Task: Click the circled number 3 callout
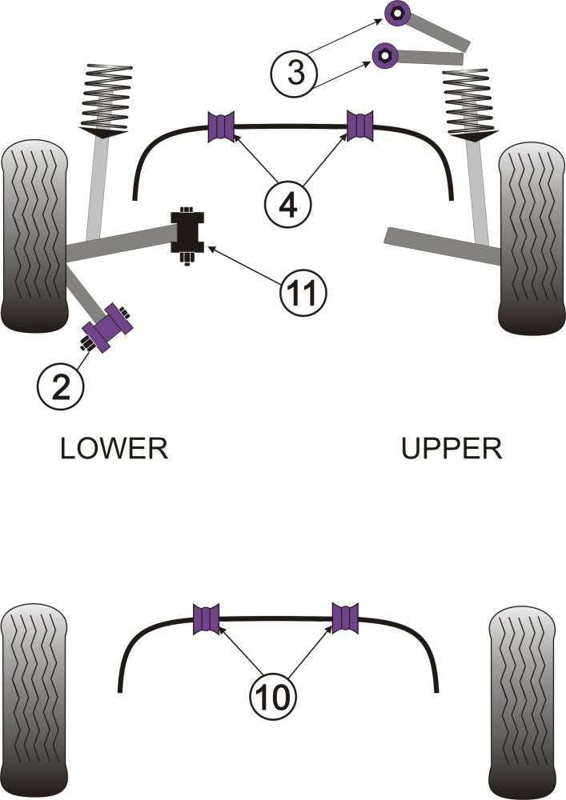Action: point(295,74)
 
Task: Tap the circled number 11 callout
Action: point(303,294)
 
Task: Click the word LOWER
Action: point(114,449)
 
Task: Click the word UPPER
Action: point(452,449)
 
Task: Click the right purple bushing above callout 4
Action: point(360,126)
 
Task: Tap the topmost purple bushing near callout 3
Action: point(397,13)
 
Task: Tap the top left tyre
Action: point(34,236)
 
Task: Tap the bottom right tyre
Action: point(521,701)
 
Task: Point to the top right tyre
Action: point(531,238)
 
